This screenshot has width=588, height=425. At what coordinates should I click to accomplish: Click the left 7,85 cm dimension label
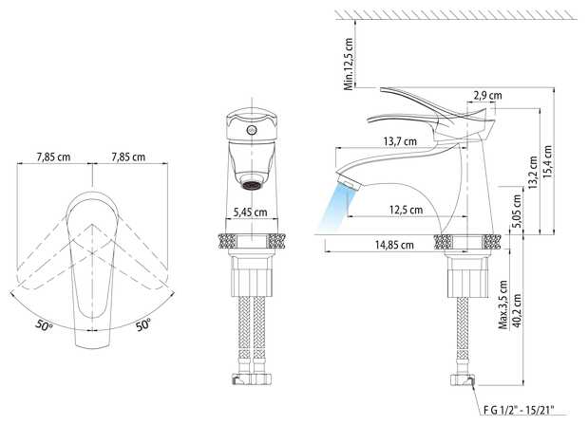click(53, 157)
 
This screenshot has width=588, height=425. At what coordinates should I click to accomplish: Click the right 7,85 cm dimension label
click(128, 157)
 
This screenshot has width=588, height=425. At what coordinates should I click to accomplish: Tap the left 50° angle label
click(45, 325)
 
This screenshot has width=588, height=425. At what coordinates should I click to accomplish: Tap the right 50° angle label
click(143, 324)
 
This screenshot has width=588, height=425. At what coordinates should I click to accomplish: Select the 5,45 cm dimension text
click(251, 212)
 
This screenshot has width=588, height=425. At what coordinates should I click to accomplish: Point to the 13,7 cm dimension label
click(400, 141)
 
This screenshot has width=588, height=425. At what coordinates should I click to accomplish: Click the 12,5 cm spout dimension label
click(406, 210)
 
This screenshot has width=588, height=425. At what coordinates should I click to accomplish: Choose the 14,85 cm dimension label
click(394, 245)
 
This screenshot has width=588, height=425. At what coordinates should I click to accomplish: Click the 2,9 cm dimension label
click(487, 95)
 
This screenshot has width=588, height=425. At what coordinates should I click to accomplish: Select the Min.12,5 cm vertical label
click(349, 64)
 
